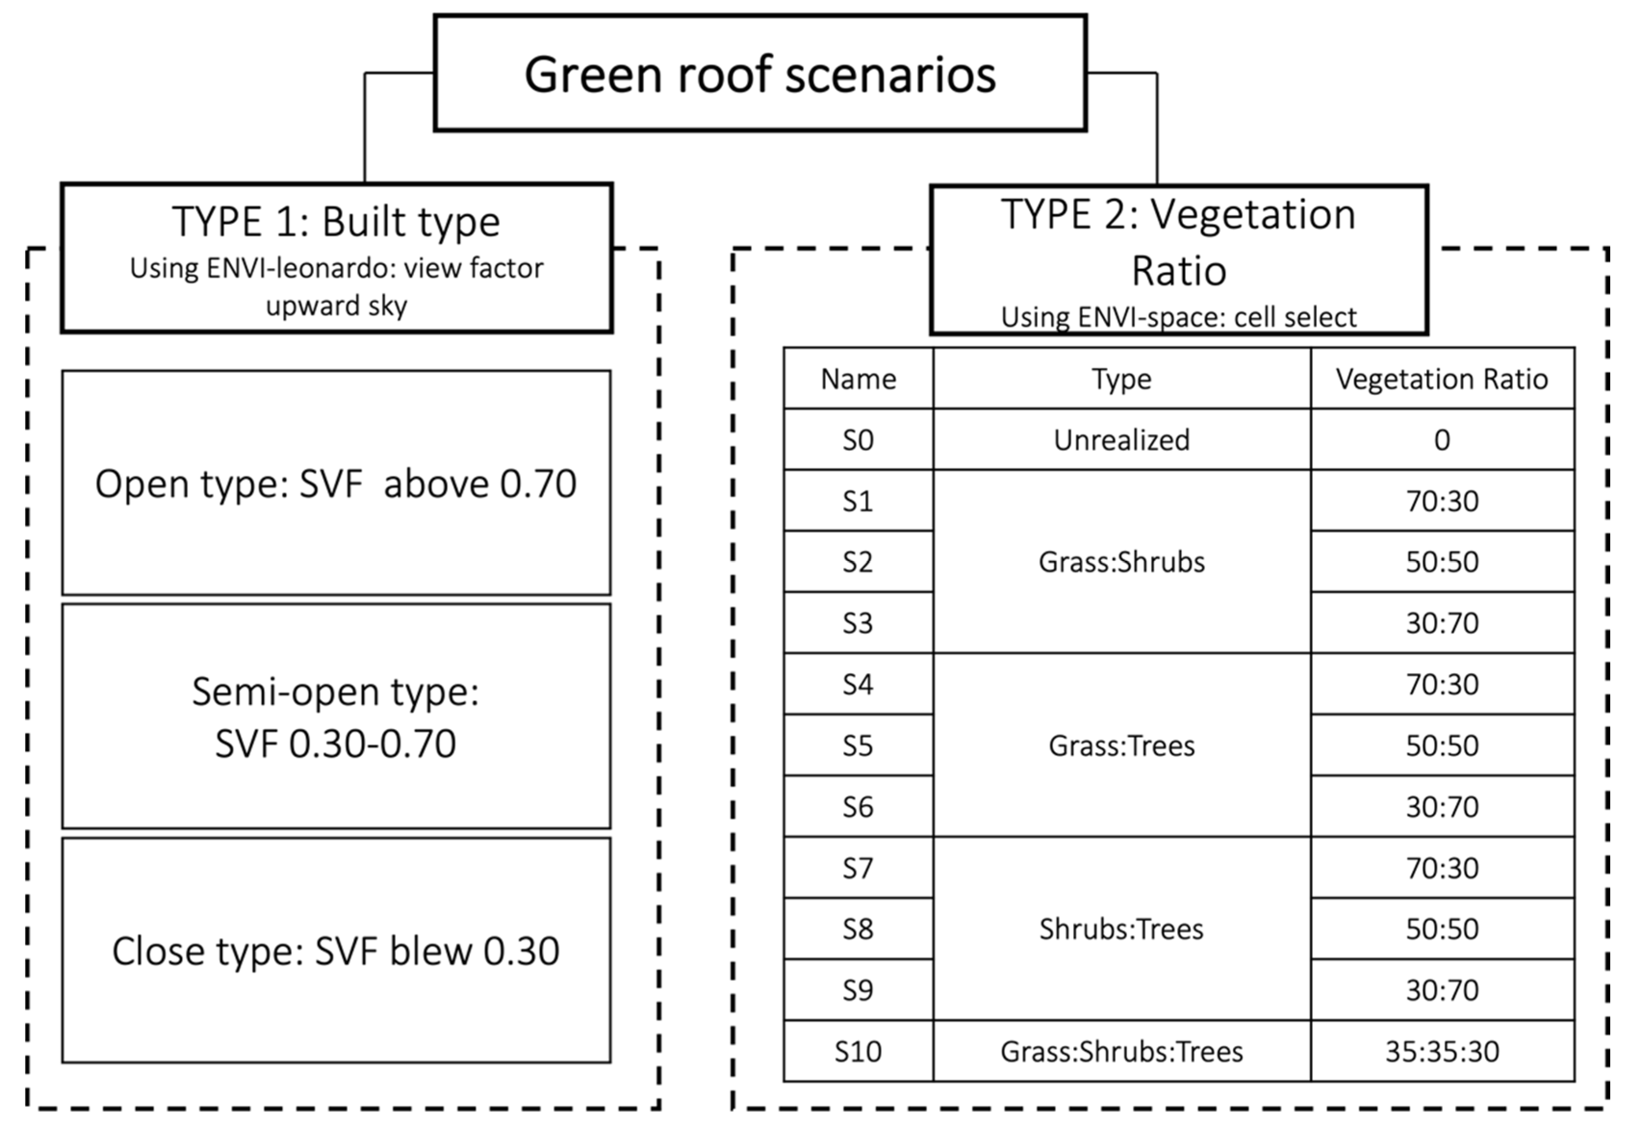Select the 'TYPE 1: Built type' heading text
click(x=336, y=221)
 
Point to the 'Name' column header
click(x=858, y=379)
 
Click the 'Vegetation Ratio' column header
click(x=1442, y=379)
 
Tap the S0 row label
click(x=858, y=440)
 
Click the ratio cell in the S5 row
click(x=1442, y=745)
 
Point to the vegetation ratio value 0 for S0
click(x=1442, y=440)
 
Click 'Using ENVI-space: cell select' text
click(x=1178, y=317)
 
